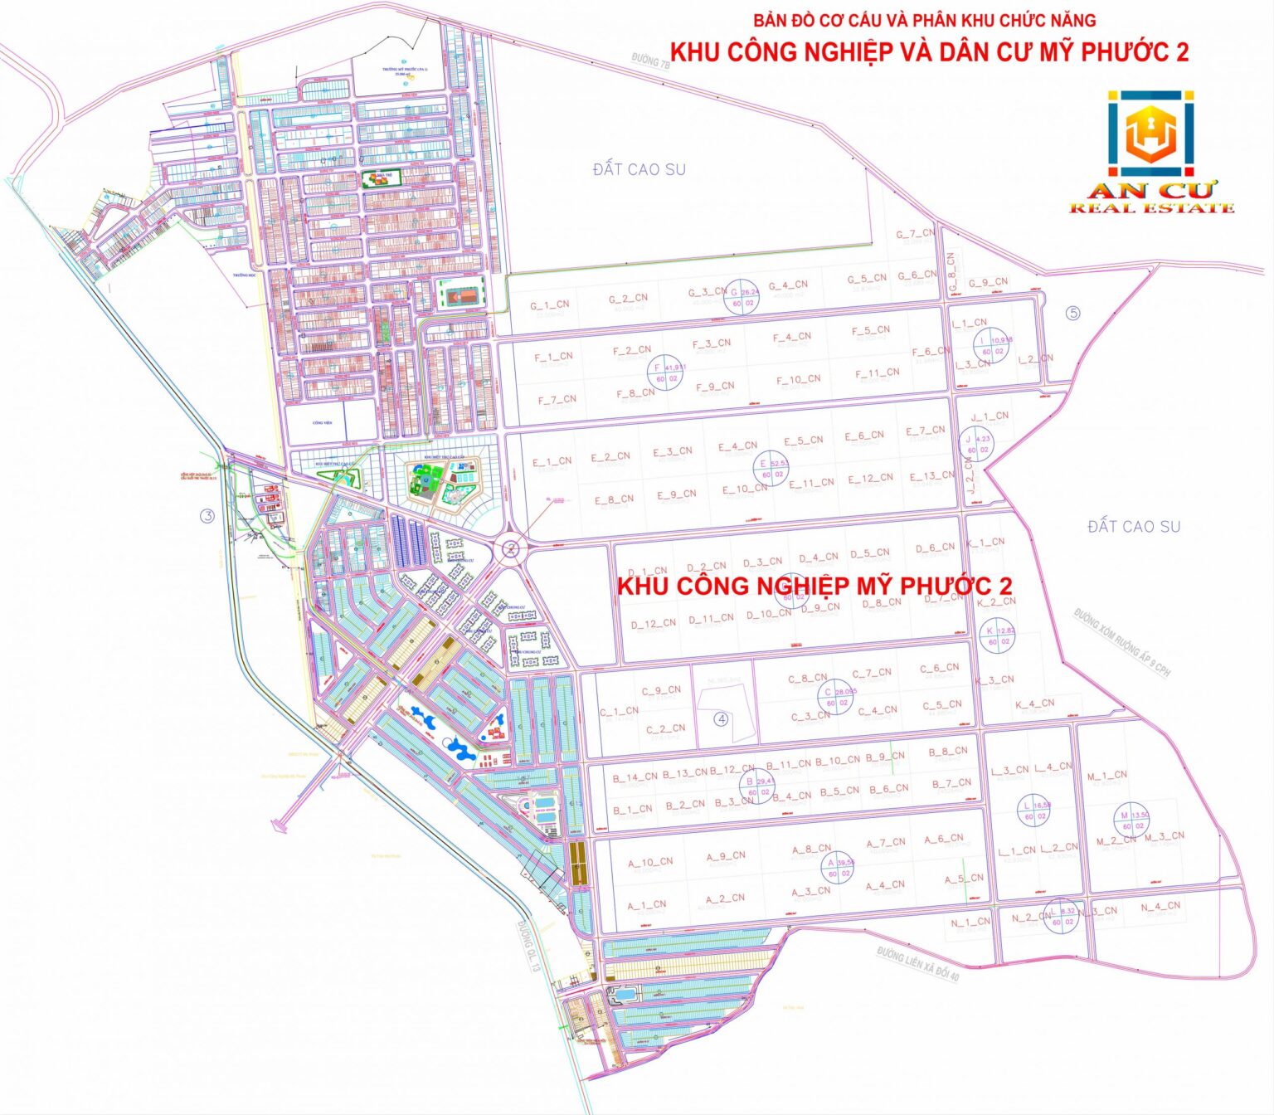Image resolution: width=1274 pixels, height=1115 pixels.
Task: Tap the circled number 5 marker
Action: click(x=1074, y=313)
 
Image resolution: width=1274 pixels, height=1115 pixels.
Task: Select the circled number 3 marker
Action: click(x=207, y=516)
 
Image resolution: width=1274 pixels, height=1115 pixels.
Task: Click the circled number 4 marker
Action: click(x=722, y=718)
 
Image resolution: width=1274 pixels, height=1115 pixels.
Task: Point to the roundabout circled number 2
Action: click(x=512, y=548)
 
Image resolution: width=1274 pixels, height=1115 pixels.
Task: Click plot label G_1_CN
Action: click(x=549, y=305)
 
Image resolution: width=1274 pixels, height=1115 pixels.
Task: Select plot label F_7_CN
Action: click(x=557, y=400)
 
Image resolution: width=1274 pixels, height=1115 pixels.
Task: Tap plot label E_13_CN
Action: click(x=932, y=476)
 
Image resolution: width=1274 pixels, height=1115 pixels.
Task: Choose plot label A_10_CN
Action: click(x=650, y=862)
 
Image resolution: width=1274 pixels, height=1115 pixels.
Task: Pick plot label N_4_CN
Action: click(x=1160, y=907)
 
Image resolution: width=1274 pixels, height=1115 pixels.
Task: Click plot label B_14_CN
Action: click(x=635, y=777)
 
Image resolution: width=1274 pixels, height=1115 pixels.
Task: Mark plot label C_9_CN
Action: click(x=661, y=690)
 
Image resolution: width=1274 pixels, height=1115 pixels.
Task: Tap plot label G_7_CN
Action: click(x=915, y=234)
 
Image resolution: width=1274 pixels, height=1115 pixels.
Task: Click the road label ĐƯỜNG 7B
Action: click(x=650, y=61)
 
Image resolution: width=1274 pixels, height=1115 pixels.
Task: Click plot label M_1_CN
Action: click(x=1107, y=776)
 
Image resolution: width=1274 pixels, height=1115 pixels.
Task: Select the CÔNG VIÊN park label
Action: click(x=322, y=423)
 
